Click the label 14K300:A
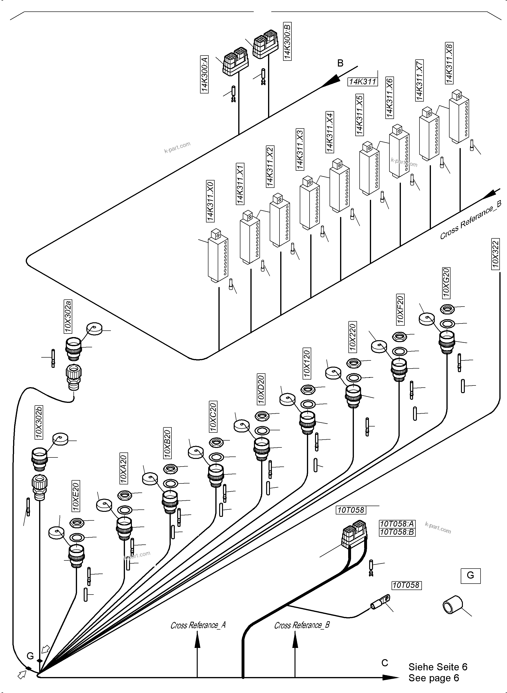click(205, 74)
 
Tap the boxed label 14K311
click(362, 82)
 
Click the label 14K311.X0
click(210, 201)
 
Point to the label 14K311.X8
click(449, 63)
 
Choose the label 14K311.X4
click(330, 132)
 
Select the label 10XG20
click(446, 282)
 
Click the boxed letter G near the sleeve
click(470, 575)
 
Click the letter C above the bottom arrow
click(385, 663)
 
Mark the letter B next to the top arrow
click(340, 63)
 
